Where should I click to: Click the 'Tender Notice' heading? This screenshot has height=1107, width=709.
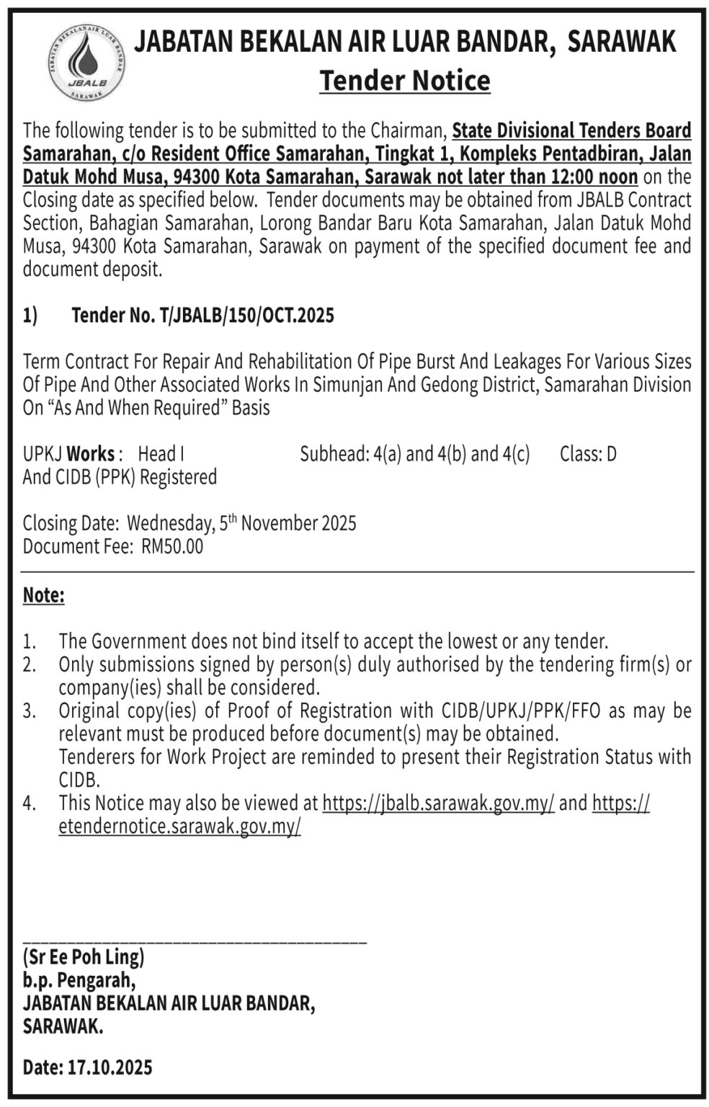coord(405,81)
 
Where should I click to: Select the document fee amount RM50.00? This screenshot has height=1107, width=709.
coord(173,546)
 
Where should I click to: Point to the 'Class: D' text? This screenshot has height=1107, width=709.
coord(588,454)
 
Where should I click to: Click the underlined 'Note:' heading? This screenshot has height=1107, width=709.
coord(44,595)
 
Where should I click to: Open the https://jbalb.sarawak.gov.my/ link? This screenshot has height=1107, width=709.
coord(438,803)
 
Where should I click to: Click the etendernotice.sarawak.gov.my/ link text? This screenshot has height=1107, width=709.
coord(179,826)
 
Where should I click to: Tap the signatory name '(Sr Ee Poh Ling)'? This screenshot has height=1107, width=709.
coord(84,958)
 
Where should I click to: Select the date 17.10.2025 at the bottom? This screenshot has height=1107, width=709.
coord(110,1067)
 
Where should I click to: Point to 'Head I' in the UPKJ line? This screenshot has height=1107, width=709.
coord(161,454)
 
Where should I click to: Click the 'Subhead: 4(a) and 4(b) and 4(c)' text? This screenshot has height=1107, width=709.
coord(414,454)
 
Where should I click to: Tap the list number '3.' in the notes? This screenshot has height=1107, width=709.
coord(29,711)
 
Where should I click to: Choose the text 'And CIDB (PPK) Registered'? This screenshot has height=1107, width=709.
coord(120,477)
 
